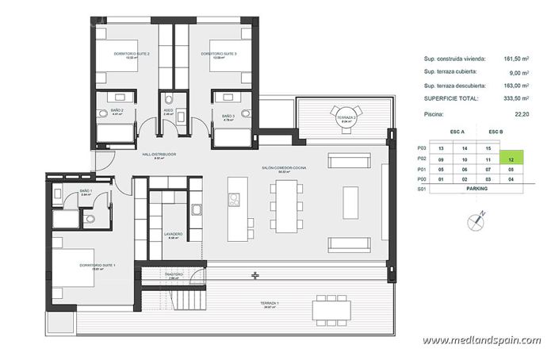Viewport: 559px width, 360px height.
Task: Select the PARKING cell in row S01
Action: (x=477, y=190)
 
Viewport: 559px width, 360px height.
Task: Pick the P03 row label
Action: (x=421, y=148)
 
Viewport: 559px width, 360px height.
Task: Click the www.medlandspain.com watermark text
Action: (x=481, y=340)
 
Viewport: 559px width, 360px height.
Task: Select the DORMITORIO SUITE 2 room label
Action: (x=132, y=53)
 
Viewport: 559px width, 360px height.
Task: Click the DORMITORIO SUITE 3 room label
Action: (x=218, y=53)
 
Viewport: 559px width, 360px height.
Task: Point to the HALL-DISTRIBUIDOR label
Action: (x=159, y=154)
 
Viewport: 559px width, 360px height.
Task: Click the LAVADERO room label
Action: (x=174, y=234)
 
